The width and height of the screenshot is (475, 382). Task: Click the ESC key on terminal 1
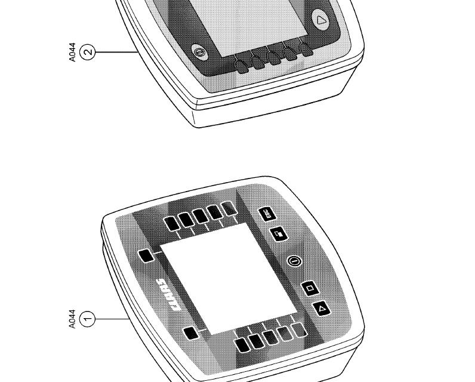tap(267, 214)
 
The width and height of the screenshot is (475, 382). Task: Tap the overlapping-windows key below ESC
tap(279, 234)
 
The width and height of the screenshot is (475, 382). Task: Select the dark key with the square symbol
tap(310, 288)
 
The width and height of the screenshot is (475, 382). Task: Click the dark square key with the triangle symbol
tap(322, 309)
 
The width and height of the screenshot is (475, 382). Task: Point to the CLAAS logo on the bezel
tap(168, 294)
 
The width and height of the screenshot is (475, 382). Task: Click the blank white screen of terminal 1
tap(229, 279)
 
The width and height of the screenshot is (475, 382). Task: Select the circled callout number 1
tap(87, 319)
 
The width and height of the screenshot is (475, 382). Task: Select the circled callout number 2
tap(87, 52)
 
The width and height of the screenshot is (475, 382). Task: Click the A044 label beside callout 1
tap(72, 319)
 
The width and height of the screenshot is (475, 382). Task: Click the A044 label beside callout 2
tap(72, 52)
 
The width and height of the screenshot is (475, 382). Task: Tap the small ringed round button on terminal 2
tap(200, 52)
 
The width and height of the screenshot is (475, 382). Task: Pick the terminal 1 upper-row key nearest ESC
tap(229, 208)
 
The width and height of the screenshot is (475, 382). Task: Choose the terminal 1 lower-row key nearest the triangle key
tap(300, 330)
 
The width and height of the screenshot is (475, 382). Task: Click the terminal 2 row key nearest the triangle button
tap(306, 49)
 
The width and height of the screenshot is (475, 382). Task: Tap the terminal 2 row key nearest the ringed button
tap(242, 66)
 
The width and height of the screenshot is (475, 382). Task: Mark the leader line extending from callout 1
tap(112, 319)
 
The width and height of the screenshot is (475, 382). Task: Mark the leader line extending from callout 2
tap(117, 52)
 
